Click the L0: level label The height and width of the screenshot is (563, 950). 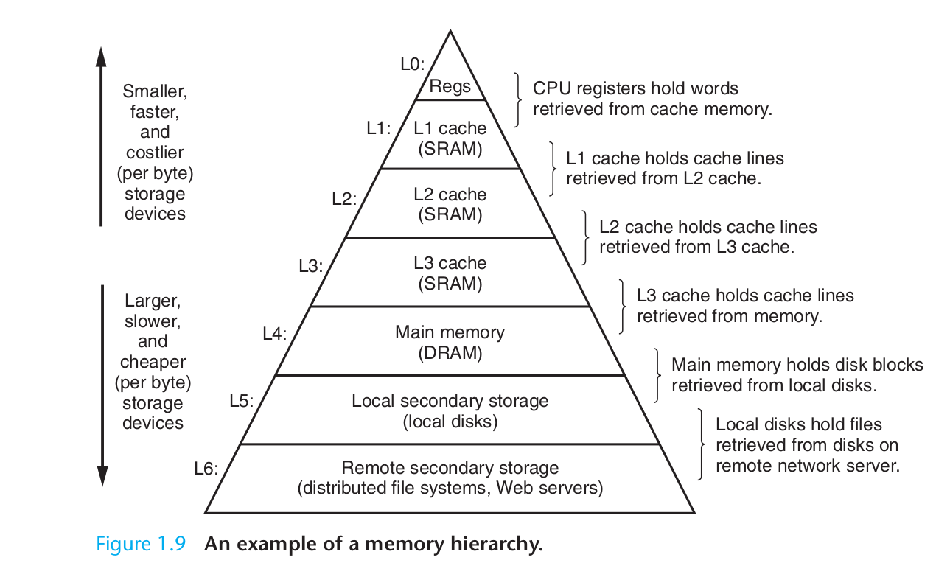pos(413,64)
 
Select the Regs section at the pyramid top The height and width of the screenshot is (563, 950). pos(450,86)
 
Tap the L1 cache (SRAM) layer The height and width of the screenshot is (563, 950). pos(450,138)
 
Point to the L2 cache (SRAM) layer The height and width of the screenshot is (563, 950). pos(450,204)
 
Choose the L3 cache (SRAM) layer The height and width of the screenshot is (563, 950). pos(450,273)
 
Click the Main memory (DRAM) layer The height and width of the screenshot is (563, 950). pos(450,342)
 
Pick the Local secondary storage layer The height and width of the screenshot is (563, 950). pos(450,410)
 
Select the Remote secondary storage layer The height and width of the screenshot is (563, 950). pos(450,478)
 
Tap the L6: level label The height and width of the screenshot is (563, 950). pos(206,469)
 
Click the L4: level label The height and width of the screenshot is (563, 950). pos(275,333)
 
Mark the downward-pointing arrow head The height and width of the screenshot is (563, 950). pos(102,478)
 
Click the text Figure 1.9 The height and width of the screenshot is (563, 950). pos(140,545)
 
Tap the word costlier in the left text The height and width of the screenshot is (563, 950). pos(154,153)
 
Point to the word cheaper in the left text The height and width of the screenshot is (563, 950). pos(153,363)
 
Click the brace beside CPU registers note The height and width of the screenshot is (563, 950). pos(519,99)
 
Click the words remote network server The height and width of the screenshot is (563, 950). pos(807,466)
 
